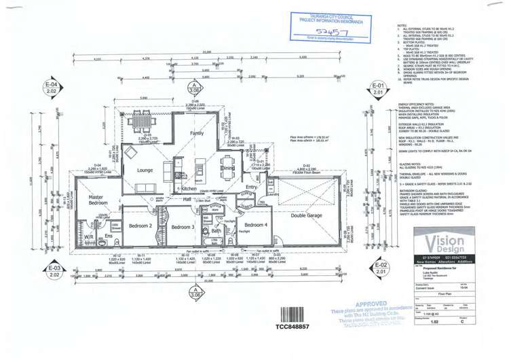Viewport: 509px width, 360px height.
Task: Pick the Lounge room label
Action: [x=143, y=170]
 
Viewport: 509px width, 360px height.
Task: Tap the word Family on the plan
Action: [x=196, y=134]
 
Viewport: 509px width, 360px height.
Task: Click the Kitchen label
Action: [x=189, y=188]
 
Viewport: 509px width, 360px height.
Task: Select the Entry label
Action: [x=251, y=187]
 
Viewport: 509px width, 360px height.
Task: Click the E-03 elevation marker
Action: [x=54, y=270]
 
